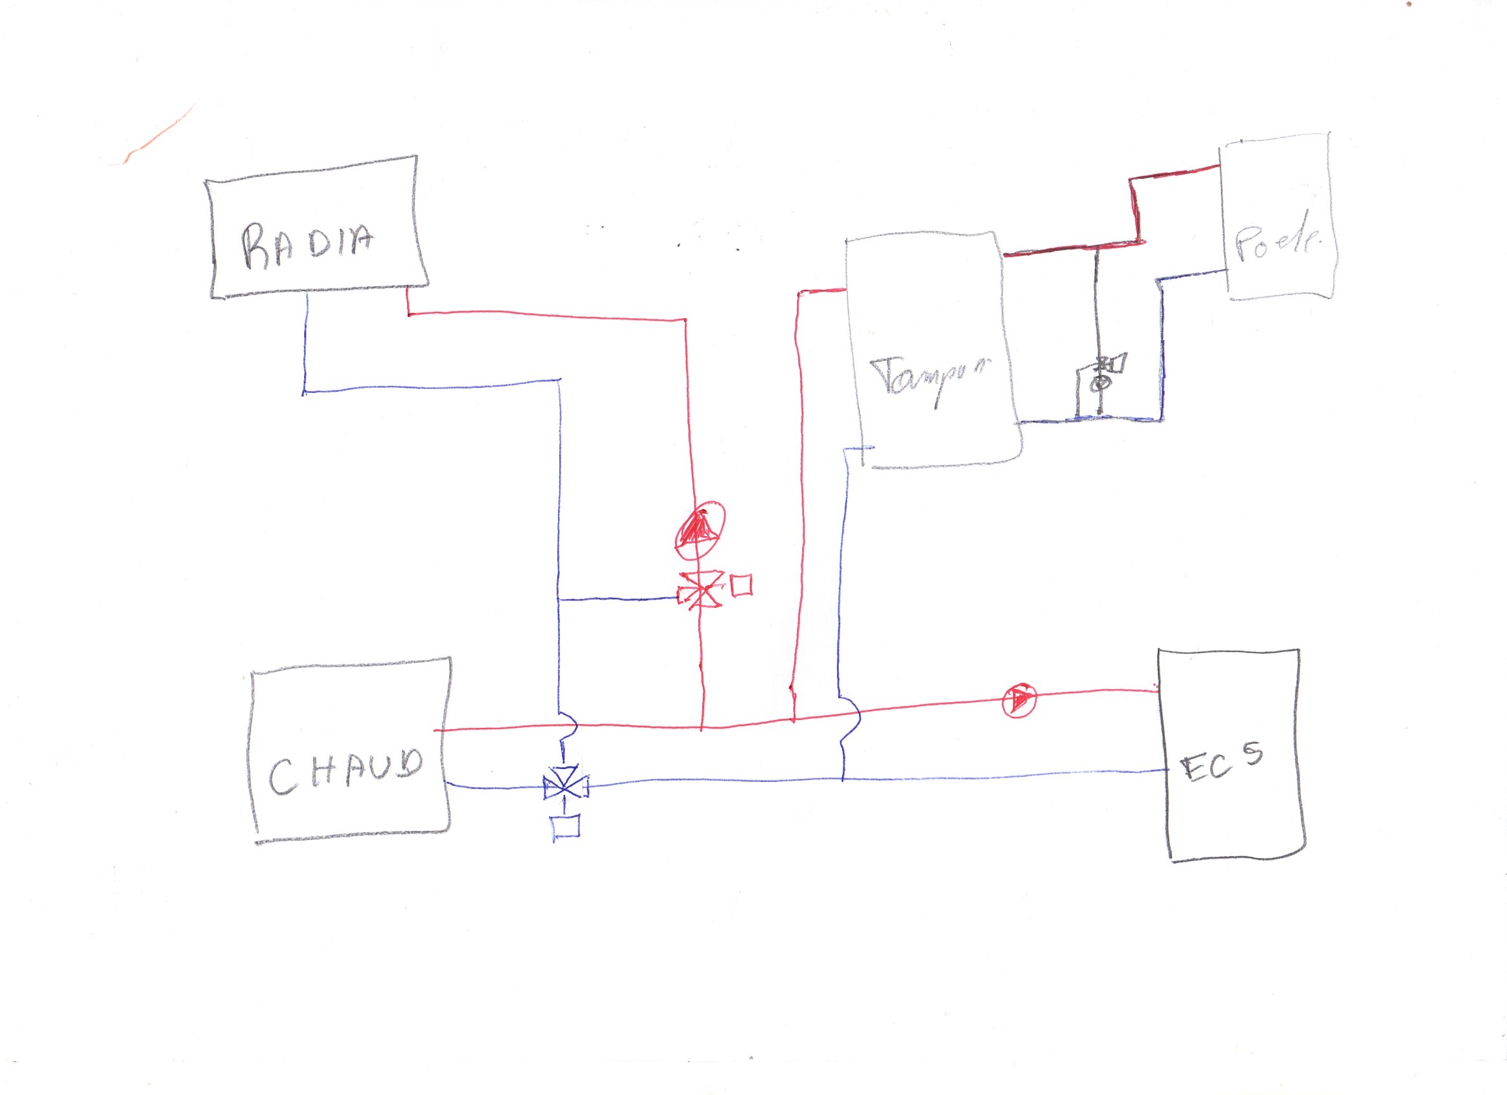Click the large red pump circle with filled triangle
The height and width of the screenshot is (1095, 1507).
point(699,528)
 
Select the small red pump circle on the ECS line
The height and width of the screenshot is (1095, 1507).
point(1019,700)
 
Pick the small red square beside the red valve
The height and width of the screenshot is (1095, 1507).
point(742,585)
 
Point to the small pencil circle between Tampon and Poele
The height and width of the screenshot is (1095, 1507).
point(1100,383)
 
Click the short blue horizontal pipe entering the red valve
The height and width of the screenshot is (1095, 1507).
point(618,599)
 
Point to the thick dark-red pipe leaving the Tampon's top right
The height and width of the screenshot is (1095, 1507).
point(1070,249)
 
